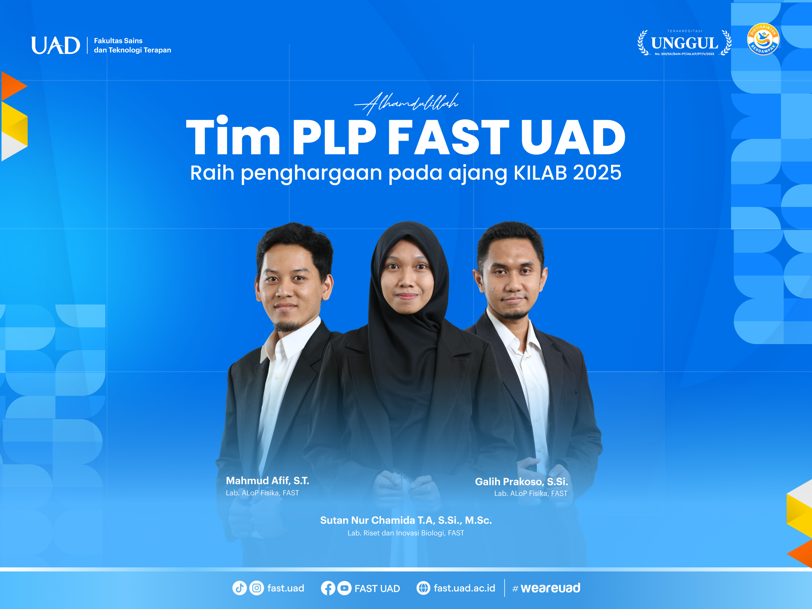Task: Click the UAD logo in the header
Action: tap(55, 45)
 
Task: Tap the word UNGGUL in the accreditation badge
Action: tap(684, 43)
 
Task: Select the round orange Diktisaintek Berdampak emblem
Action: tap(763, 39)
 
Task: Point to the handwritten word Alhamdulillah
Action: tap(406, 103)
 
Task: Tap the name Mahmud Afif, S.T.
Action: tap(267, 480)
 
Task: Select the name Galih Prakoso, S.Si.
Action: tap(521, 482)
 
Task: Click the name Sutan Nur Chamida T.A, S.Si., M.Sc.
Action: tap(406, 520)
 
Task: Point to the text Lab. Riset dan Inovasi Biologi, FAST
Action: tap(406, 533)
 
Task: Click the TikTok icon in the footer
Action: tap(239, 588)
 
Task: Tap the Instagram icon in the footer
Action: tap(256, 588)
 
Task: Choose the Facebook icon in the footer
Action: tap(328, 588)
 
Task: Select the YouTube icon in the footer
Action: tap(344, 588)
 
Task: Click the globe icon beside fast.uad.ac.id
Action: tap(423, 588)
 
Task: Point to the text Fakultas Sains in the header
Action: tap(118, 41)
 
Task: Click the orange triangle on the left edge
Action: tap(14, 86)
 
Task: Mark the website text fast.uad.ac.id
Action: tap(465, 588)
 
